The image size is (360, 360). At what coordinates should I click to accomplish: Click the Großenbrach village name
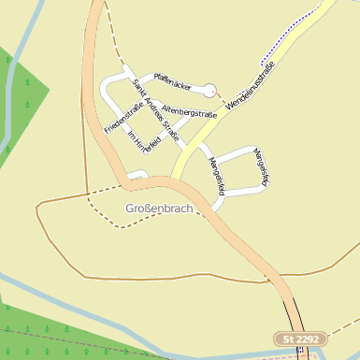(x=158, y=208)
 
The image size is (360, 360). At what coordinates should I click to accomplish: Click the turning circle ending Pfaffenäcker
(x=209, y=91)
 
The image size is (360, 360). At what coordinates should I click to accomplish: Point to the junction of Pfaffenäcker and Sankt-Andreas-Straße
(x=130, y=72)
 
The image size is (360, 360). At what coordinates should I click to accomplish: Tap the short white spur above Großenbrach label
(x=137, y=173)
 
